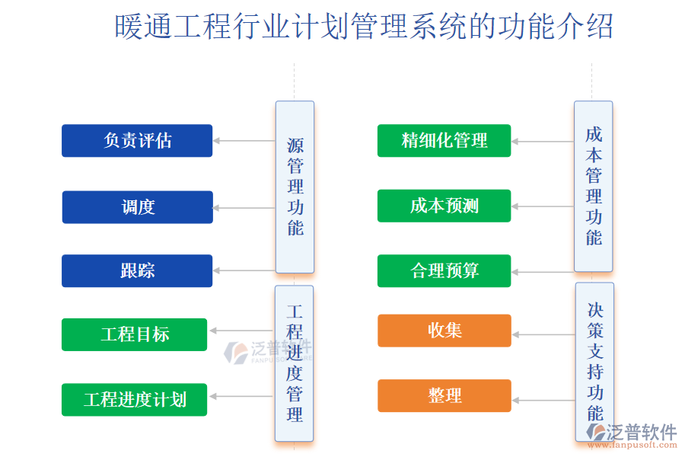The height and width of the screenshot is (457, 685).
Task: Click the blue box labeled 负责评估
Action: (x=137, y=141)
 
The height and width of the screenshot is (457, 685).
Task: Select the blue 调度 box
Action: (x=137, y=207)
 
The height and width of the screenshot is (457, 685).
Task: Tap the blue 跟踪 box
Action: (x=137, y=271)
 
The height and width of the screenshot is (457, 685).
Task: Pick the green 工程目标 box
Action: (x=134, y=334)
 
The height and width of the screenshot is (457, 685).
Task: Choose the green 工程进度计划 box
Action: (x=134, y=399)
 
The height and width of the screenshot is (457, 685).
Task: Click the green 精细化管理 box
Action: (x=444, y=141)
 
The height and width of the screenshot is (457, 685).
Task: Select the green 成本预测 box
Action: (x=444, y=206)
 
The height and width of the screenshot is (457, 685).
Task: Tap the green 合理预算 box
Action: (x=444, y=271)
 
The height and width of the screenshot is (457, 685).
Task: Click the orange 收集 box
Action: (x=444, y=331)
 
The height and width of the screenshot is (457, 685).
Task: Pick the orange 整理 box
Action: (x=444, y=396)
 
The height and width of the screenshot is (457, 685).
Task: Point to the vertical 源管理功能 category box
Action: (x=295, y=187)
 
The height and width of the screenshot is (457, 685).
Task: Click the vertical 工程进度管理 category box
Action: (x=294, y=363)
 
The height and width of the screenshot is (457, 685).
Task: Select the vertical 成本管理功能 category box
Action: (x=593, y=187)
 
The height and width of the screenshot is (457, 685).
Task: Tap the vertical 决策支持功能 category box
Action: (x=594, y=361)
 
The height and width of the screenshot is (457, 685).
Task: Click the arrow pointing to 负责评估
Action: (x=244, y=141)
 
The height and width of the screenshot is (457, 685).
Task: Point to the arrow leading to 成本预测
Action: (x=543, y=206)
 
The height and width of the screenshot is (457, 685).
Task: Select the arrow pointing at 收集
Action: (x=543, y=334)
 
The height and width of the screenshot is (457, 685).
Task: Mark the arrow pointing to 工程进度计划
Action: (x=241, y=396)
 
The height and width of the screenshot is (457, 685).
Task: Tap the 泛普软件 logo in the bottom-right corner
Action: (x=632, y=435)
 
